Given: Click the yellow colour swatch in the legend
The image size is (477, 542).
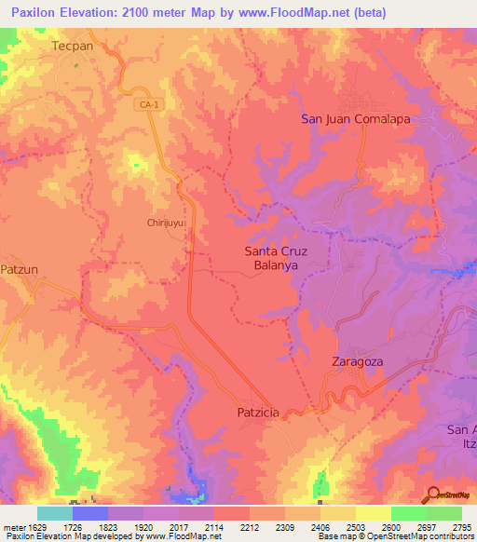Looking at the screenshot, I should click(x=373, y=513).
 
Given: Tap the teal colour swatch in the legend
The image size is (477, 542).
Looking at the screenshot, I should click(x=54, y=513).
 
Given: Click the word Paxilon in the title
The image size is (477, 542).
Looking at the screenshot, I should click(x=36, y=12).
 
